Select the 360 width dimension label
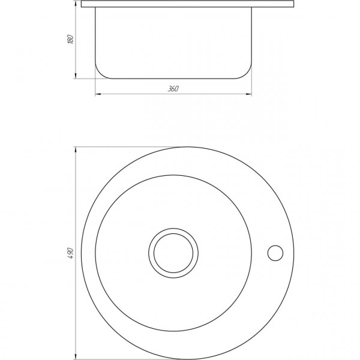point(173,89)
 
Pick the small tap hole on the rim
point(276,253)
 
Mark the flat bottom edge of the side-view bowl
point(173,78)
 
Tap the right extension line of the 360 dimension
point(251,84)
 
